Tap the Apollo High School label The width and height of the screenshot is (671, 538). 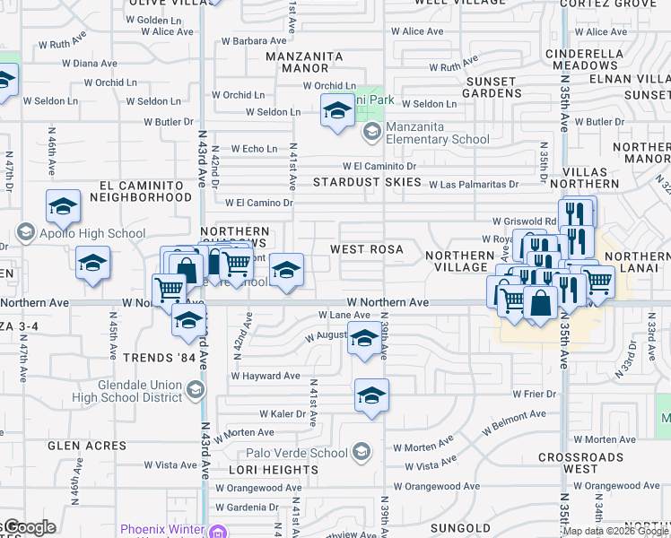click(x=92, y=233)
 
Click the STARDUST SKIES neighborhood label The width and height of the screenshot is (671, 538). click(x=367, y=182)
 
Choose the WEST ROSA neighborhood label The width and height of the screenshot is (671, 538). click(x=366, y=248)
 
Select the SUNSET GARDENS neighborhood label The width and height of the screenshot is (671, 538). click(x=490, y=88)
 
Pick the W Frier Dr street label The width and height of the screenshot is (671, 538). click(x=536, y=394)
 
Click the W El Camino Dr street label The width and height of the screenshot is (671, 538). click(x=259, y=203)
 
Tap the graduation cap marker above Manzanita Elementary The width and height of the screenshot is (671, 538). click(x=337, y=110)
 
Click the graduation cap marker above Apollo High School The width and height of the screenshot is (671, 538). click(x=63, y=207)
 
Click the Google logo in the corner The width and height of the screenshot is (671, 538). click(x=30, y=528)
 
